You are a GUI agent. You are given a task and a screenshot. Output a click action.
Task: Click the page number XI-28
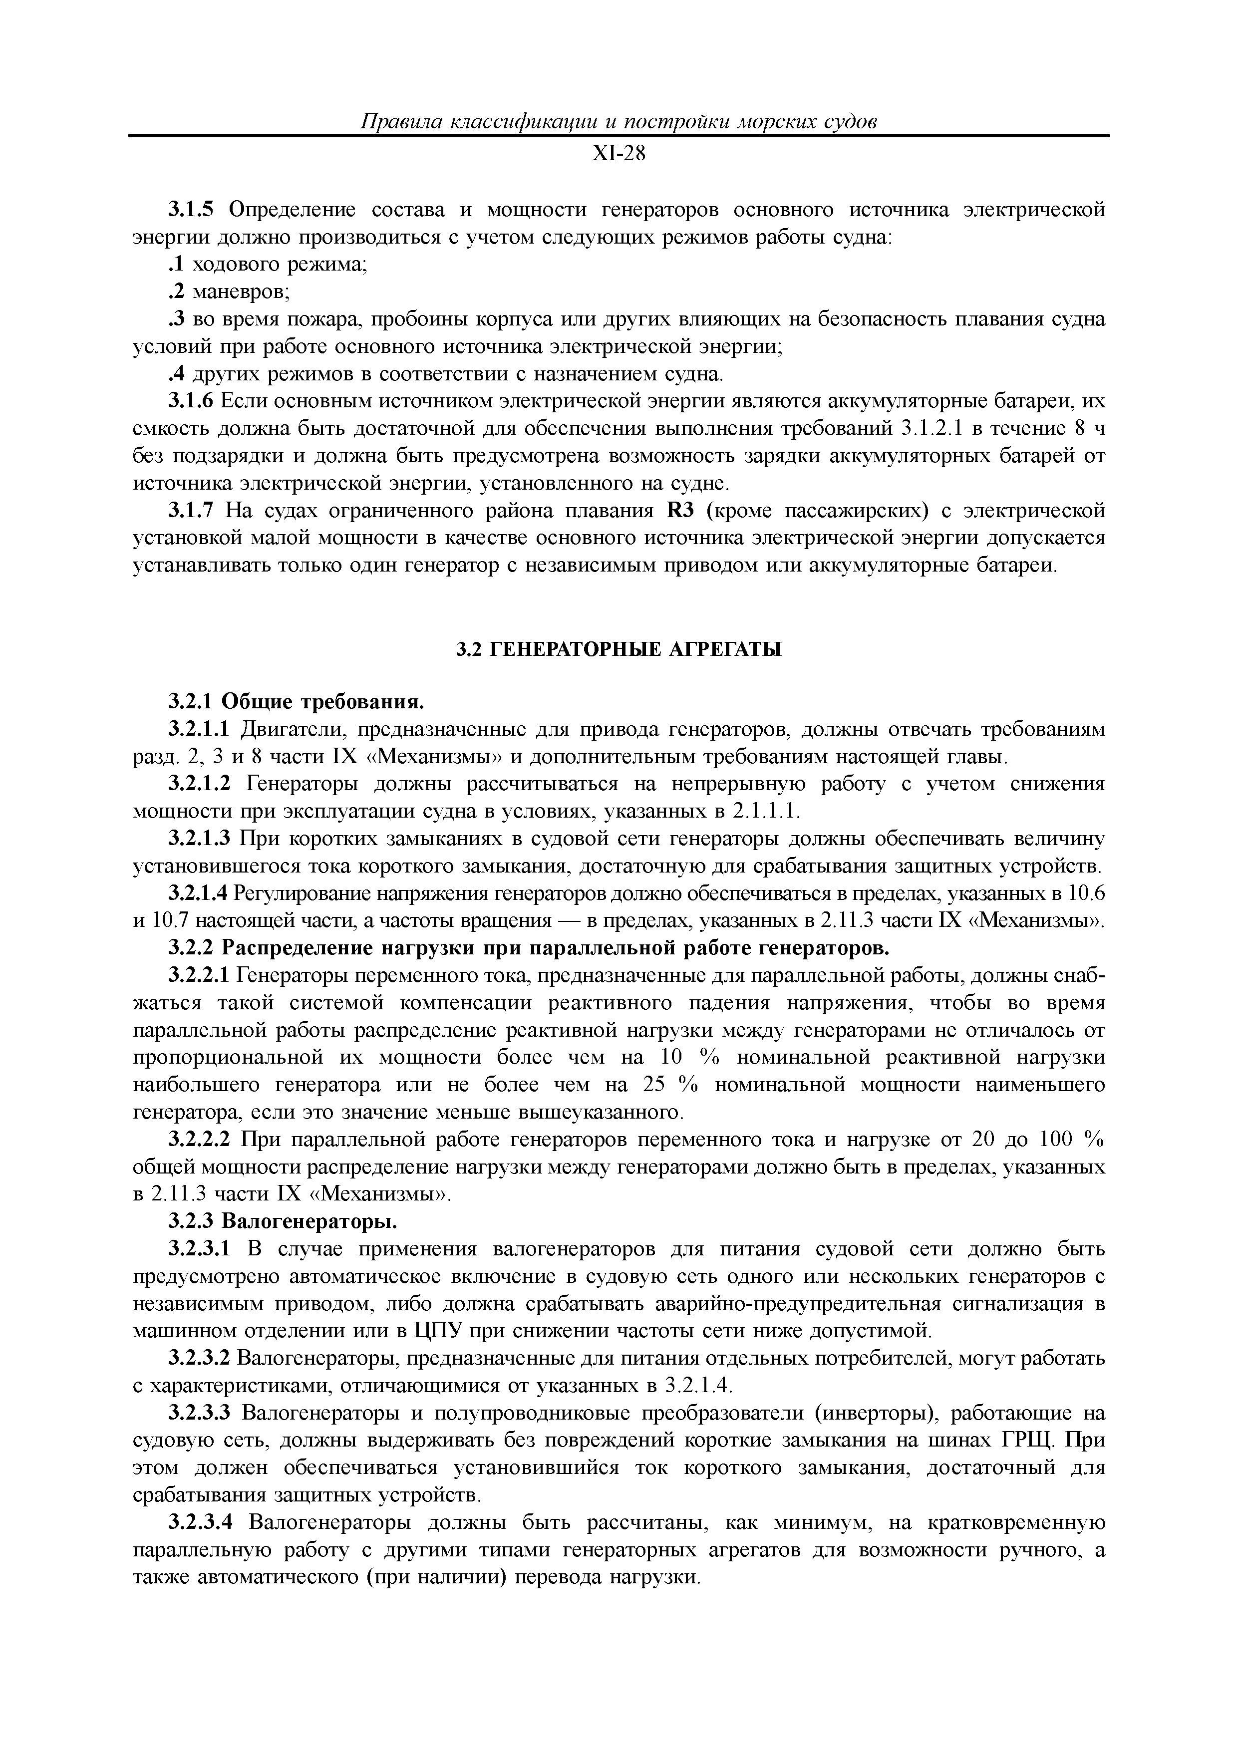click(x=619, y=155)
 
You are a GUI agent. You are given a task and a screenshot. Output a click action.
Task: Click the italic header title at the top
click(x=618, y=121)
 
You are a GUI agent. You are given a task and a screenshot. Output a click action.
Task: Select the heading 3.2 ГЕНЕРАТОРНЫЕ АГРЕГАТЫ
click(x=619, y=650)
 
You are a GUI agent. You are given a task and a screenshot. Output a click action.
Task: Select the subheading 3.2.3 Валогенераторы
click(x=282, y=1222)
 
